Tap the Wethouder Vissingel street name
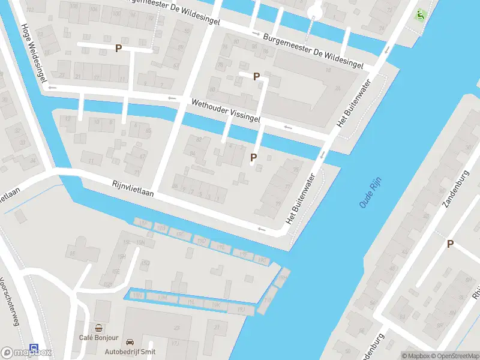click(226, 111)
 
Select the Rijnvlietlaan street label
click(133, 189)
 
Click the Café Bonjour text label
click(98, 337)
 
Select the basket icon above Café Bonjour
click(98, 328)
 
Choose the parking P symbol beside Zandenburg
click(450, 244)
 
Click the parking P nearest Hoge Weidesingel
click(119, 49)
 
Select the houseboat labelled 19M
click(161, 297)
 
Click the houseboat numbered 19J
click(241, 309)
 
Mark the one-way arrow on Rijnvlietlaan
click(260, 229)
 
